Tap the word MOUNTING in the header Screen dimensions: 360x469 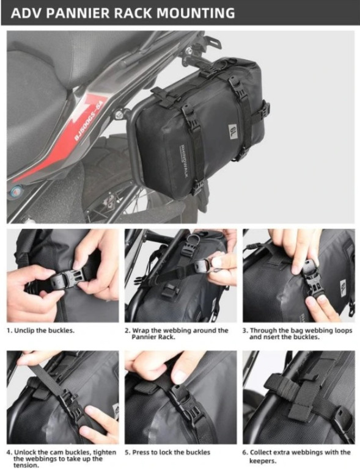point(196,13)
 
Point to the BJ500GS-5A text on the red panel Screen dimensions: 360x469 point(88,120)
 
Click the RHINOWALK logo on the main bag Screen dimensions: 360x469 point(183,161)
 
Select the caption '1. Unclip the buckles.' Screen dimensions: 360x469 point(40,330)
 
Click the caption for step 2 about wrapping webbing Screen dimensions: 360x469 point(177,333)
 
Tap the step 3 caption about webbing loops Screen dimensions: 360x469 point(297,333)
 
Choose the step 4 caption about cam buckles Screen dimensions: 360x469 point(61,459)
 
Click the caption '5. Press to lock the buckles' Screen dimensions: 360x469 point(167,453)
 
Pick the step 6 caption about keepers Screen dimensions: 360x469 point(296,456)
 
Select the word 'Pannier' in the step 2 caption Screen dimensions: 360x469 point(142,337)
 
